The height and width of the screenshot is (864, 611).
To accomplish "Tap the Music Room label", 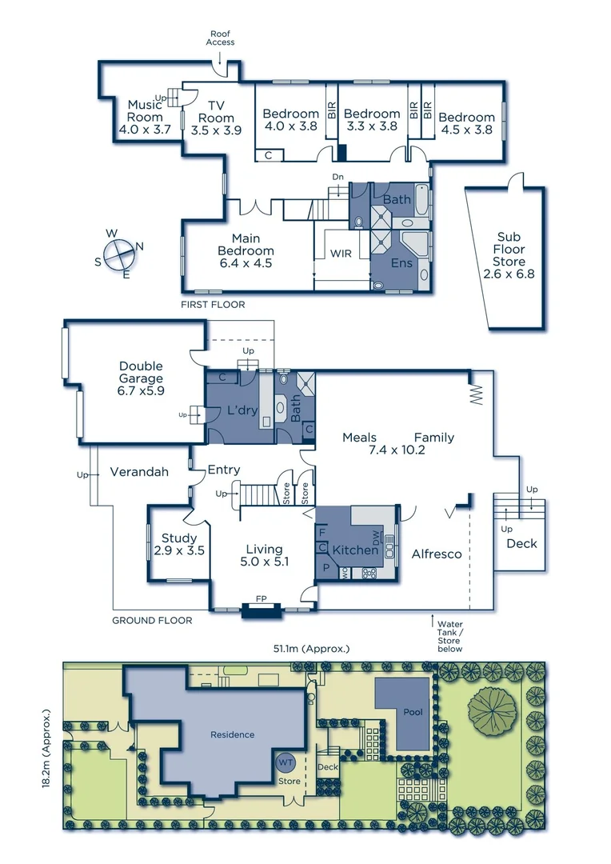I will [145, 117].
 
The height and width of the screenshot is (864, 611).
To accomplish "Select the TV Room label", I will [215, 118].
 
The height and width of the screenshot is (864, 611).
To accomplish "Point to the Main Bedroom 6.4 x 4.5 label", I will [246, 250].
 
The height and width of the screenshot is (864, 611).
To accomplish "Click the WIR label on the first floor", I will [341, 253].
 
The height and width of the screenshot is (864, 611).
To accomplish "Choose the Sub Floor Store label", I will [509, 250].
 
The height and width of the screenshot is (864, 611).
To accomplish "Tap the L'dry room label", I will [238, 409].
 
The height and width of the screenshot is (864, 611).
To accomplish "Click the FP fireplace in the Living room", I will [261, 599].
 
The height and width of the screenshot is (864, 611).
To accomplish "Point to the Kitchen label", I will [354, 550].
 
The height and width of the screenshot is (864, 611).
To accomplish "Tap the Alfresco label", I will [437, 554].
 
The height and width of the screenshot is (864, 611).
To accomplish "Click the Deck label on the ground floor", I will [521, 544].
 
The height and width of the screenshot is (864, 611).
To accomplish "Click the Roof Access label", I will [220, 38].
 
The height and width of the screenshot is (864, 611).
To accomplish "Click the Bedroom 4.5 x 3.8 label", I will [466, 123].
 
